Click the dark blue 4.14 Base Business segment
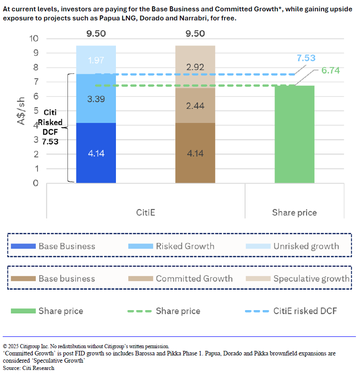[96, 153]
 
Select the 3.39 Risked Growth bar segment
[96, 98]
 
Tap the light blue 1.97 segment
[96, 60]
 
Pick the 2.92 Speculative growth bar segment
[195, 67]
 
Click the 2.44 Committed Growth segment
[195, 105]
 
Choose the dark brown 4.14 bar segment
[195, 153]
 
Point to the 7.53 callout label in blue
[306, 58]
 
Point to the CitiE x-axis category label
[146, 212]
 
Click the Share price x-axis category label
[294, 212]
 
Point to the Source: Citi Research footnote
[29, 368]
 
